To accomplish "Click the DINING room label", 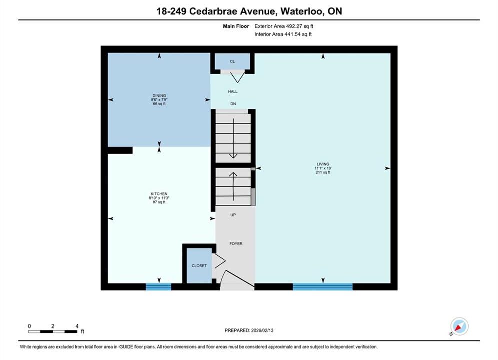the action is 159,96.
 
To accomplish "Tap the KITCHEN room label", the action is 159,194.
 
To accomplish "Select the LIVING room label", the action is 323,164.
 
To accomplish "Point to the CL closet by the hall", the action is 232,61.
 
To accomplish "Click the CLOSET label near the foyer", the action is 199,266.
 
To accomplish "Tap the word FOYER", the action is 236,244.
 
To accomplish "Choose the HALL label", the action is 233,91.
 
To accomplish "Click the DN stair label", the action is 233,104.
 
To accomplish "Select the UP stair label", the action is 233,215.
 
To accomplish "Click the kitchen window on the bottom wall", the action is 159,287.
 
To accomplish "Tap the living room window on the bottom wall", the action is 323,287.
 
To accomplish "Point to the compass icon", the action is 459,326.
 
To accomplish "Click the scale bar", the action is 53,332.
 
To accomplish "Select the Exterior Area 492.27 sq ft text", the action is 284,26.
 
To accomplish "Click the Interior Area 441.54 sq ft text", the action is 283,34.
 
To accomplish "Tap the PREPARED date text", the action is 249,330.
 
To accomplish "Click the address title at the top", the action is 249,11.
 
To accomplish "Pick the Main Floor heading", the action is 236,26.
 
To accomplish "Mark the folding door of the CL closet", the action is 237,77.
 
